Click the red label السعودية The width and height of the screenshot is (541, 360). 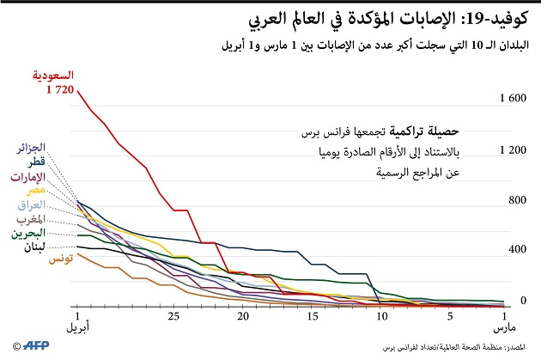[x=49, y=76]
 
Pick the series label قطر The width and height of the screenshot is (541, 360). [x=37, y=162]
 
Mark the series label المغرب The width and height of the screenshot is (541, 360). [x=30, y=218]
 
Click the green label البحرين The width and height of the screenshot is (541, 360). [x=29, y=232]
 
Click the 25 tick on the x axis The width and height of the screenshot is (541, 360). [x=173, y=317]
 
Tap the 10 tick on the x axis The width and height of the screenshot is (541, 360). [x=381, y=317]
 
